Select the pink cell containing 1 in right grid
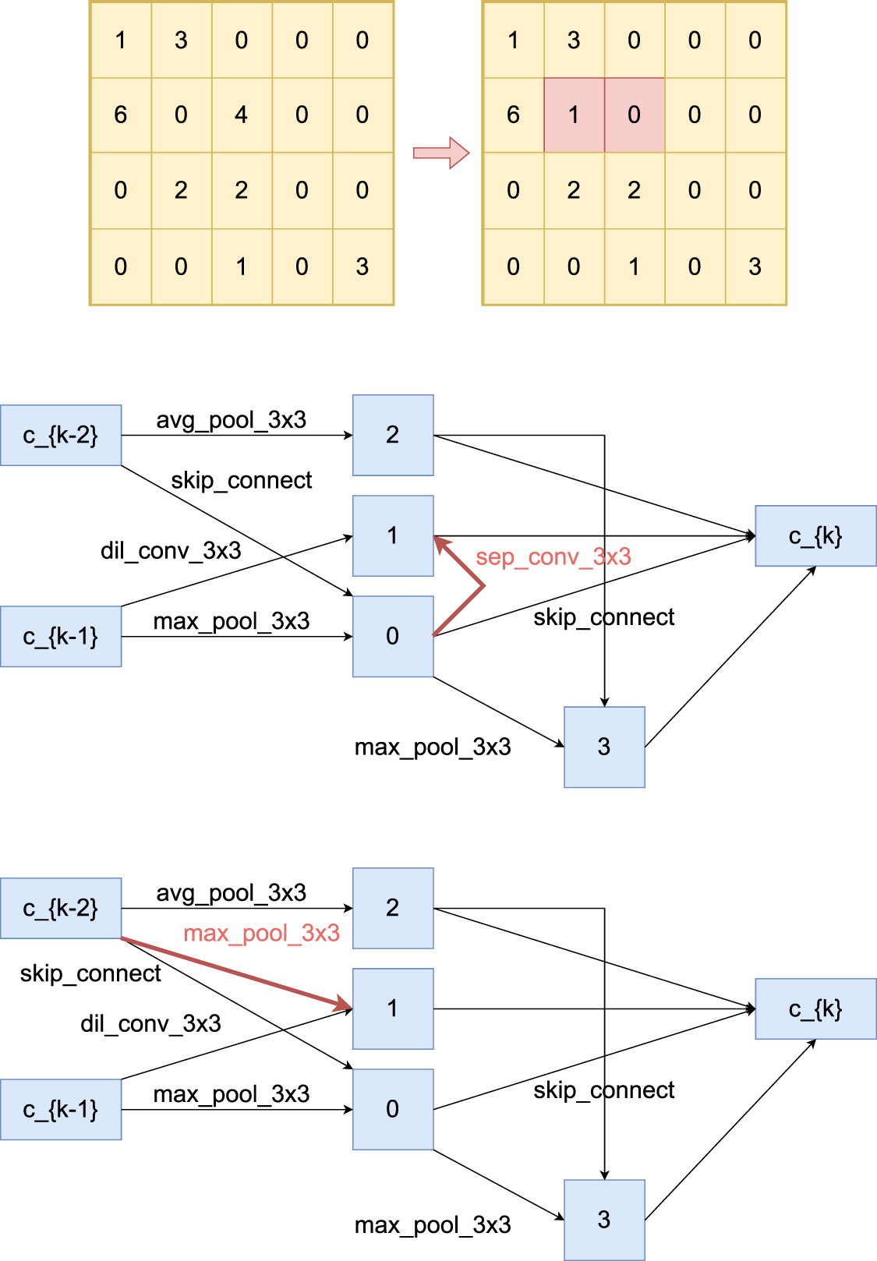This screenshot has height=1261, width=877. (x=574, y=115)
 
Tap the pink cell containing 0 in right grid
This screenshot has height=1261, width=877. (x=634, y=115)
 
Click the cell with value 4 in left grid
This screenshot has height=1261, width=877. (x=242, y=115)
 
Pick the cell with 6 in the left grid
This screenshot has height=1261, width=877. (x=121, y=115)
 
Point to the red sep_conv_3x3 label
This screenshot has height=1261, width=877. (x=553, y=557)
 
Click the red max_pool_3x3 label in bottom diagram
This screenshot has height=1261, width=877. (x=261, y=933)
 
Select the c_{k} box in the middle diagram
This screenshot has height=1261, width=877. (x=815, y=536)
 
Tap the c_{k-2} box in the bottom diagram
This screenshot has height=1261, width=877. (x=61, y=908)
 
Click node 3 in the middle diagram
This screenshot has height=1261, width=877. (x=604, y=747)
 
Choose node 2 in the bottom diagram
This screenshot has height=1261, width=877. (x=393, y=908)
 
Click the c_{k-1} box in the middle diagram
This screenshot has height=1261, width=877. (x=61, y=637)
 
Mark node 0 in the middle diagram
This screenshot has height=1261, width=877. (x=393, y=636)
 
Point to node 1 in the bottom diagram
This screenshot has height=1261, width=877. (x=393, y=1008)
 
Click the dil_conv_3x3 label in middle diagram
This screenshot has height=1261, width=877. (x=171, y=551)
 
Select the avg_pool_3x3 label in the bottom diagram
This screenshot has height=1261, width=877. (x=231, y=892)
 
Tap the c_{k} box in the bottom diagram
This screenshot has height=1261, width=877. (x=815, y=1009)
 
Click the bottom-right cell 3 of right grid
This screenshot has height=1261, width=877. (x=755, y=267)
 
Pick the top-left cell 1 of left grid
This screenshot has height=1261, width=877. (x=121, y=40)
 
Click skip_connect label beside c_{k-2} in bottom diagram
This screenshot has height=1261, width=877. (x=90, y=973)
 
